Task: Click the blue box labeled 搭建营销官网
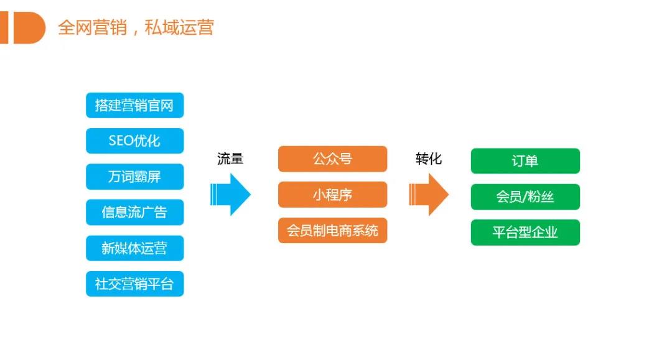click(x=134, y=105)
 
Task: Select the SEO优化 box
click(x=134, y=141)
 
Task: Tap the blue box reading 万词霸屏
click(x=134, y=177)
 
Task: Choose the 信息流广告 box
click(x=134, y=212)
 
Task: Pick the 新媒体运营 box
click(x=134, y=248)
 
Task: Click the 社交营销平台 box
click(x=134, y=284)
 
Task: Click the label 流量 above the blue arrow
click(x=230, y=159)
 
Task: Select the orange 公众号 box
click(x=332, y=159)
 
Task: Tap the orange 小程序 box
click(x=332, y=195)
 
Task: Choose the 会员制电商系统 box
click(x=332, y=230)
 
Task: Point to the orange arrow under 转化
click(x=429, y=194)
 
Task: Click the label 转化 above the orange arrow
click(x=429, y=159)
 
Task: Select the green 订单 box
click(x=525, y=161)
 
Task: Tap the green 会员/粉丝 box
click(x=525, y=197)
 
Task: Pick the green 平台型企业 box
click(x=525, y=233)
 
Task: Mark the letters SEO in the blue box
click(x=121, y=141)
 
